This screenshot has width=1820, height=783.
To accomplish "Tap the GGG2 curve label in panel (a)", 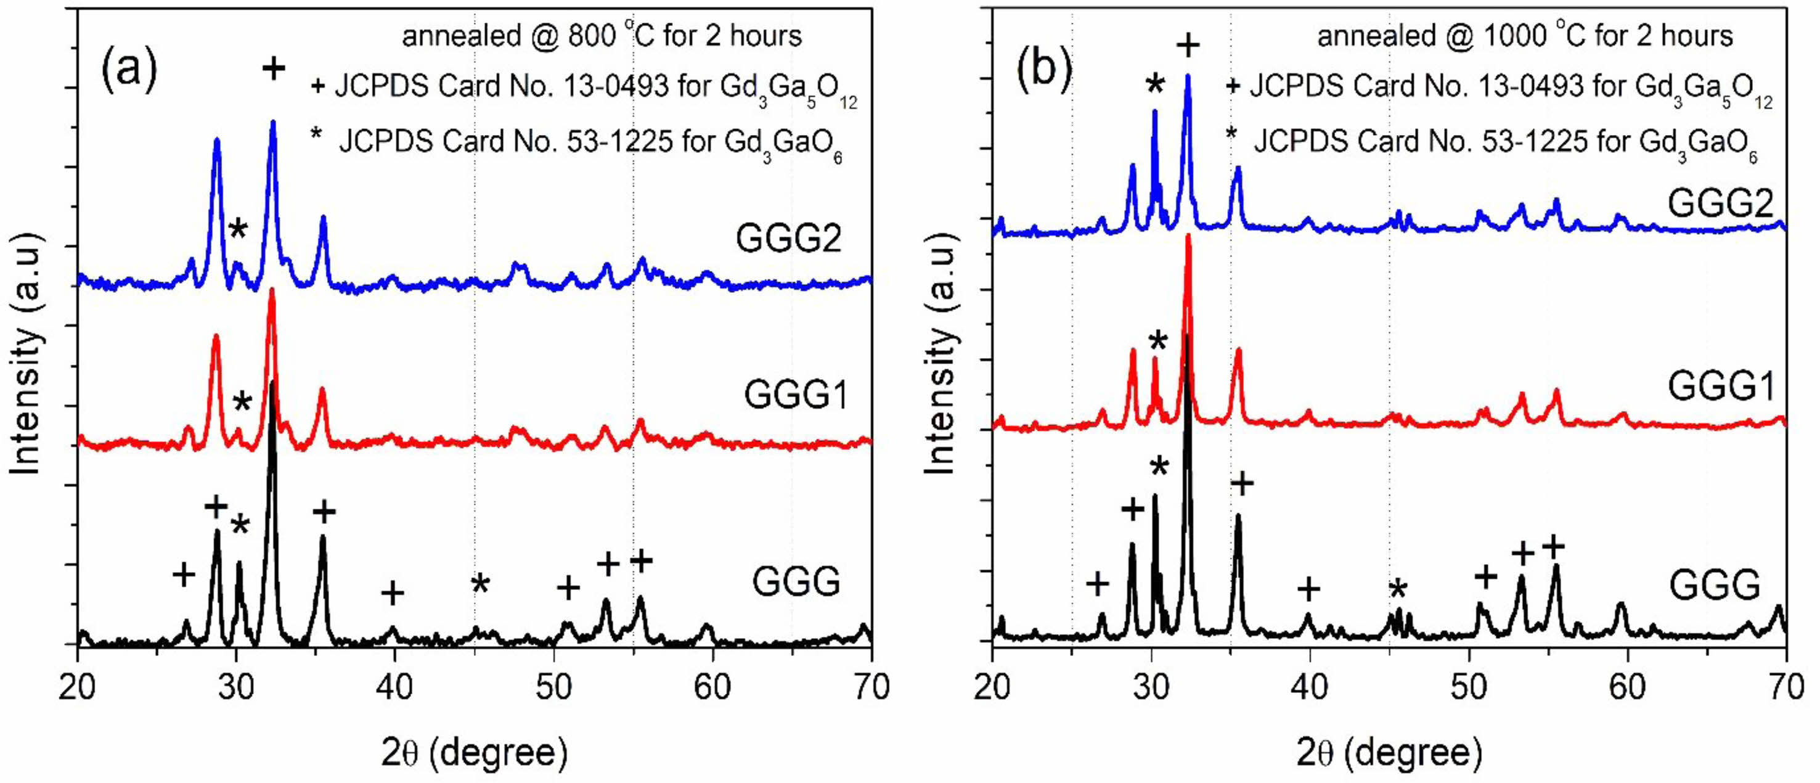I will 788,238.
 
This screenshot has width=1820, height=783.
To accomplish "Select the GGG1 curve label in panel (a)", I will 796,395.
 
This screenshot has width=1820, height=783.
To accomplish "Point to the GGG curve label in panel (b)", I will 1714,585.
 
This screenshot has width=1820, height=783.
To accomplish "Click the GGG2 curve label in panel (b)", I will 1720,203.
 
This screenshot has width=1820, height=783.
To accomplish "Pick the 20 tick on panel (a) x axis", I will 77,687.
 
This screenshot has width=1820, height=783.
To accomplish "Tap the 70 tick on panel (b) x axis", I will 1786,687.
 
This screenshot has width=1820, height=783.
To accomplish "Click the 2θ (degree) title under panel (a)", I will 474,753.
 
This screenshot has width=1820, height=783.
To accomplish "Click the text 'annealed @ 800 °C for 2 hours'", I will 602,35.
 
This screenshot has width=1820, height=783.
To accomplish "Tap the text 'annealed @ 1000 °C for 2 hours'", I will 1525,35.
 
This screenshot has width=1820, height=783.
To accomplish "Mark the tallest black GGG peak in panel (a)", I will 272,385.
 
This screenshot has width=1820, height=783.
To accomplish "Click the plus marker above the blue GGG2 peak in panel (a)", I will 274,68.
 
